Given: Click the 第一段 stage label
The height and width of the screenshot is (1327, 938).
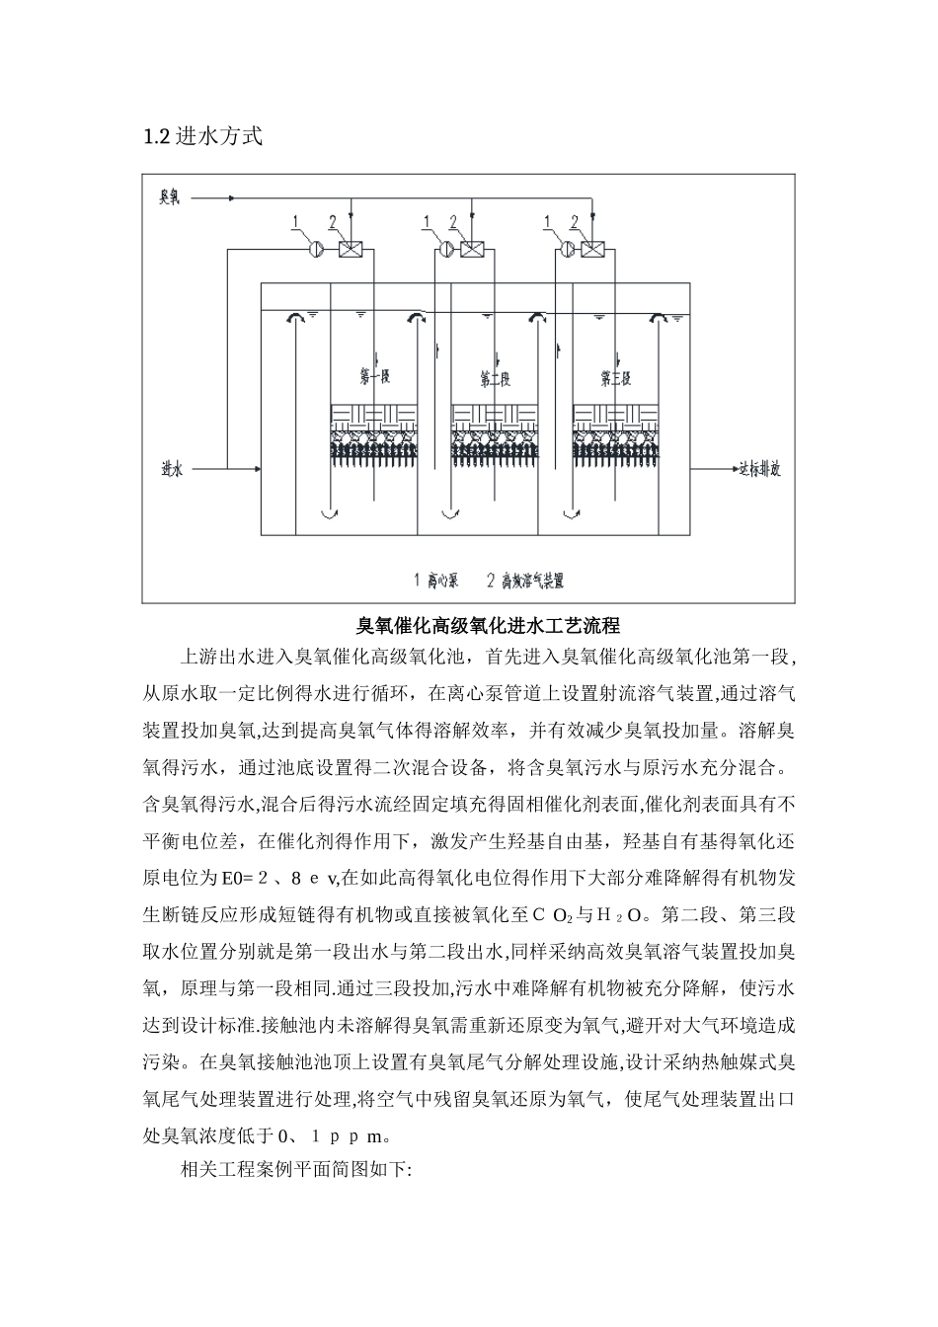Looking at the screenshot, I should [375, 377].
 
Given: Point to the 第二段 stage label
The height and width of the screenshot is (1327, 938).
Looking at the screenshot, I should [496, 377].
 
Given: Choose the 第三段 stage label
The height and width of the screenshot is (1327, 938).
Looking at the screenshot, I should [616, 377].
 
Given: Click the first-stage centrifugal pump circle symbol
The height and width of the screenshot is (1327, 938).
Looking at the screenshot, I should [316, 250].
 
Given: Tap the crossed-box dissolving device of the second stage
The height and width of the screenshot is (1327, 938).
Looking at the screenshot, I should [472, 250].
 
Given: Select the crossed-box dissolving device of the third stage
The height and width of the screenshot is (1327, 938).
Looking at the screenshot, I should [592, 250].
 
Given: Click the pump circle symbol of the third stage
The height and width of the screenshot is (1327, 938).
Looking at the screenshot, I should [569, 250].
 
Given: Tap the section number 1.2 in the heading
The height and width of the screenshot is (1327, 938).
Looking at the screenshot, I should [157, 137].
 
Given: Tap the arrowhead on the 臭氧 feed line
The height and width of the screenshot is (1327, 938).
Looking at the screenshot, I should [230, 198].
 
